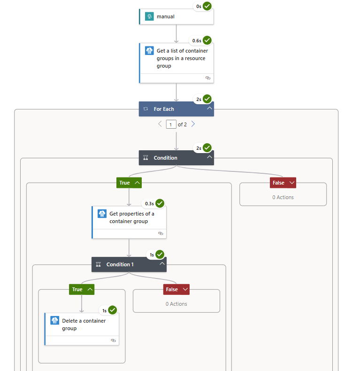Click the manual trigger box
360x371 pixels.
click(x=176, y=16)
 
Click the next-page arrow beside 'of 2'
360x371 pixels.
click(x=193, y=124)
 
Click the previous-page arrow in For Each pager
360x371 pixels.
click(x=160, y=124)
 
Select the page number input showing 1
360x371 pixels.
click(x=171, y=124)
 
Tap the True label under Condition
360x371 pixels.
click(x=125, y=183)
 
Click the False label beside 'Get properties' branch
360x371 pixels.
click(x=279, y=183)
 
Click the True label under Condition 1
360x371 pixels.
click(x=77, y=289)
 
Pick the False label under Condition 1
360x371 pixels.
click(x=172, y=289)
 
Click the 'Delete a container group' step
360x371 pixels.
click(x=82, y=325)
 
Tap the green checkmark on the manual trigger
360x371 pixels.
click(x=207, y=6)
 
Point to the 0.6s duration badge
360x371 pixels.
click(x=197, y=40)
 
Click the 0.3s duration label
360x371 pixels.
click(x=149, y=204)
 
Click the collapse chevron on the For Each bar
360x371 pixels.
click(x=209, y=108)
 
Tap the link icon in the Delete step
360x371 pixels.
click(x=113, y=340)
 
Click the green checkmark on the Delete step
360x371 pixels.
click(x=112, y=310)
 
